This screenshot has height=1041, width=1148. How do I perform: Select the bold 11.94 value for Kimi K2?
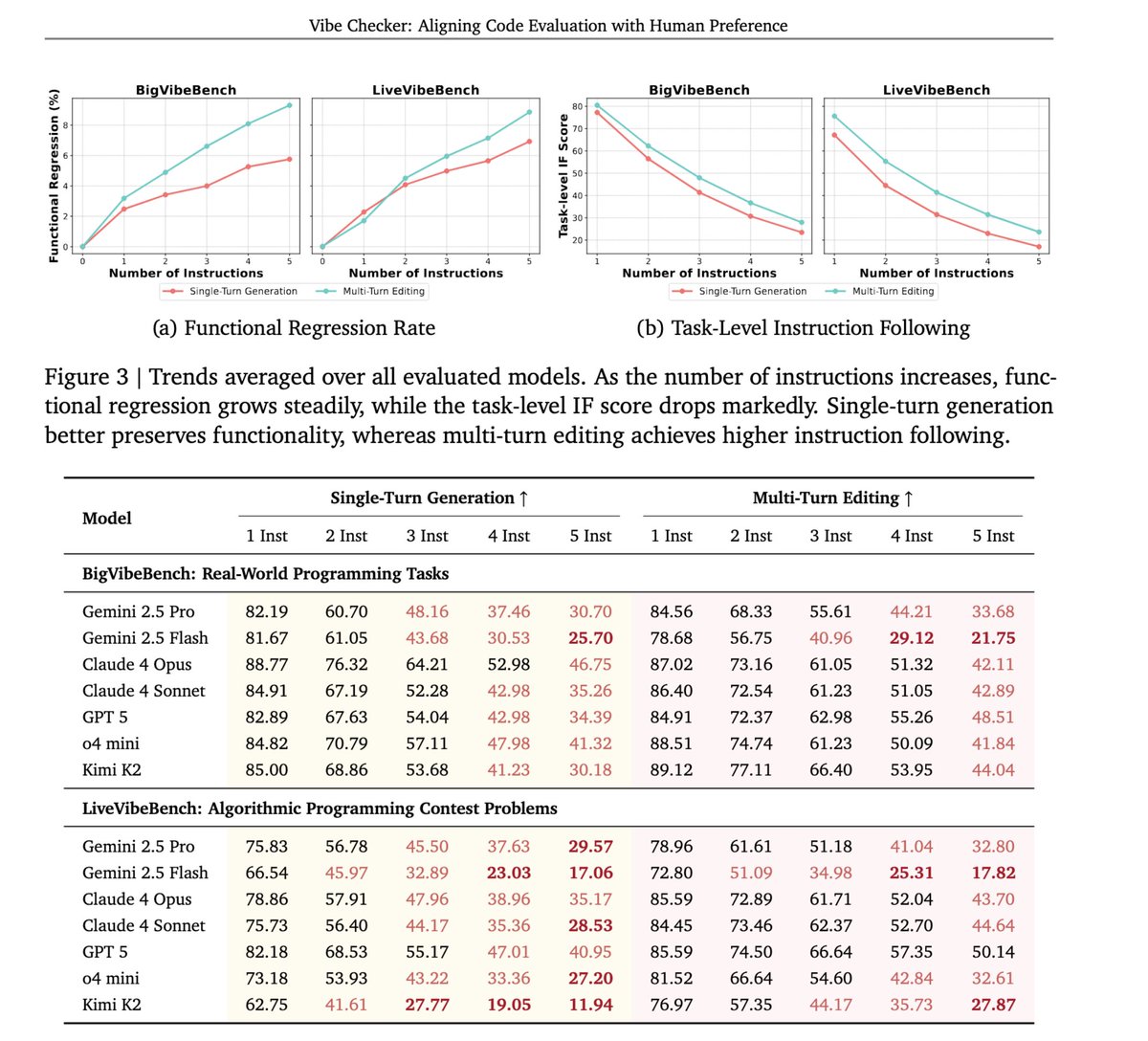[590, 1005]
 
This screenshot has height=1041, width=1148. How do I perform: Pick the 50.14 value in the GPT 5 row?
[993, 952]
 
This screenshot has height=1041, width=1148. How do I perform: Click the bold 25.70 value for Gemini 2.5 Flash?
[590, 638]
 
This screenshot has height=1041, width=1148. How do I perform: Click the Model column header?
[107, 518]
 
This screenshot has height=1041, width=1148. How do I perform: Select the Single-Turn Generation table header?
[429, 498]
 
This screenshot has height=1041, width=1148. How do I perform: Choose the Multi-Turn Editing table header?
[832, 498]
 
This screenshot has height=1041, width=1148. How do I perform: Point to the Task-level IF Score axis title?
[564, 175]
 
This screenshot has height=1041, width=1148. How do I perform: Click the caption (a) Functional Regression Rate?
[294, 328]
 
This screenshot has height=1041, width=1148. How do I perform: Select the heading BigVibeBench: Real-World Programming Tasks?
[265, 574]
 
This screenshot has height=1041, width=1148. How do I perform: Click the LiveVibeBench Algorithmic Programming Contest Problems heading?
[320, 808]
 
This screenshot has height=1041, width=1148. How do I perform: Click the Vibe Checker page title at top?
[548, 26]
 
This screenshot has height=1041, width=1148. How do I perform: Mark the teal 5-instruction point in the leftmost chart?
[289, 105]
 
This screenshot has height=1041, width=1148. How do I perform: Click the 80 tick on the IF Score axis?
[578, 106]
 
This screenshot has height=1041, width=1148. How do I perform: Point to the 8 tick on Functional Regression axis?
[66, 124]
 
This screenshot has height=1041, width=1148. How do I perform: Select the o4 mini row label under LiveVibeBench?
[111, 978]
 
